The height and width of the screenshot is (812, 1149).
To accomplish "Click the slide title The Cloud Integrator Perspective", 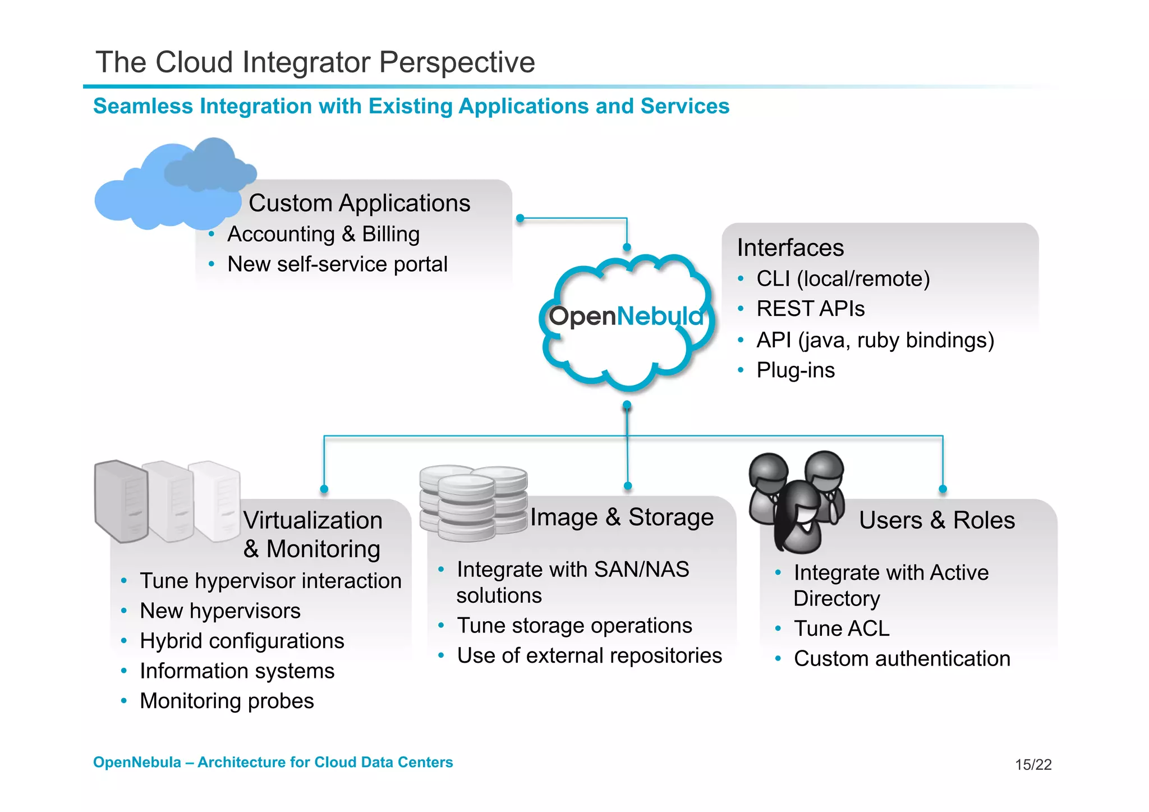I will pos(315,62).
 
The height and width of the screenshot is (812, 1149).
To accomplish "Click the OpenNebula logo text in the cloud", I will pos(626,316).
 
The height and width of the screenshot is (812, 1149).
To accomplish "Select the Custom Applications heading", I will pos(359,203).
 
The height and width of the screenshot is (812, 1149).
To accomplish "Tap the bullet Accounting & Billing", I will pos(323,234).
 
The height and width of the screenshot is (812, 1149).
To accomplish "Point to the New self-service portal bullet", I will pos(337,264).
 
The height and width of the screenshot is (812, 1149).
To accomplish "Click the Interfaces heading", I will pos(790,247).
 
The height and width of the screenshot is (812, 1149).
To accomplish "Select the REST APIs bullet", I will pos(810,309).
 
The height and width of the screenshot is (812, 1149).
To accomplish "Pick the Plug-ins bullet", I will pos(795,370).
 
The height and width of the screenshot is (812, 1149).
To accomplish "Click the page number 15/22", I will pos(1033,764).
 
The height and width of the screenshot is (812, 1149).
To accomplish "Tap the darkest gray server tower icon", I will pos(121,501).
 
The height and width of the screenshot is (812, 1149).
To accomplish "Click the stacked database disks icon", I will pos(472,503).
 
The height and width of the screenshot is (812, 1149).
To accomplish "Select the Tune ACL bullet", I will pos(842,629).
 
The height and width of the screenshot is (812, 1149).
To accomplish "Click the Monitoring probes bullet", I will pos(227,701).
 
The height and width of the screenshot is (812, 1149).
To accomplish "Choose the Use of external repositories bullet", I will pos(589,655).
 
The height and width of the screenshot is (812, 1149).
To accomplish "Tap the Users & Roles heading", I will pos(936,520).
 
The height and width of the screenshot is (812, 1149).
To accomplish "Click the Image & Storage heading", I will pos(622,517).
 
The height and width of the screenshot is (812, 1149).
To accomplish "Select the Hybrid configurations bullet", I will pos(242,641).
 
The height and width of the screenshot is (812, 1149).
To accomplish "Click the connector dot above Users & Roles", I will pos(943,489).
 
